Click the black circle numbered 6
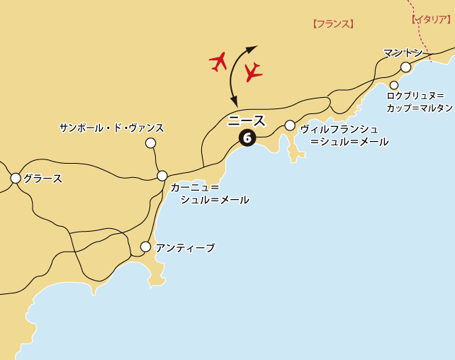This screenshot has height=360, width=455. pos(247,137)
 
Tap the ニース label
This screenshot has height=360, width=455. pos(247,120)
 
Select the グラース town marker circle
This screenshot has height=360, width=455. pos(16,179)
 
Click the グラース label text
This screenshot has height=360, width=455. pos(43,179)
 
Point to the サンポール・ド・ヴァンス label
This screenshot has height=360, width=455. pos(111,128)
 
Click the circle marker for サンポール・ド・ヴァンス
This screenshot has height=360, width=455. pos(150,143)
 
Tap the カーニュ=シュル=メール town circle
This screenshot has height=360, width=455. pos(162,176)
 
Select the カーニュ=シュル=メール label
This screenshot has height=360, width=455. pos(210,193)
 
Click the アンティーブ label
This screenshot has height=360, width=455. pos(185,247)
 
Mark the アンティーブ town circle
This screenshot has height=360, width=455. pos(145,247)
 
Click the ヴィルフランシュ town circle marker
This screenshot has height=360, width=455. pos(290,125)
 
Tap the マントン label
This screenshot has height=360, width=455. pos(403,52)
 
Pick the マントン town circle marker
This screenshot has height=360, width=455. pos(405,67)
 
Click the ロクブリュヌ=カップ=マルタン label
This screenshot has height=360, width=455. pos(420,101)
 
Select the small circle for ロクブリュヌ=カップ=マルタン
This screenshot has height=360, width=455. pos(394,85)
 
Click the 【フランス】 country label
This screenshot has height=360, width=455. pos(333,24)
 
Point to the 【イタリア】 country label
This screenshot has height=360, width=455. pos(431,19)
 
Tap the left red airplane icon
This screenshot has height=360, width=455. pos(219,61)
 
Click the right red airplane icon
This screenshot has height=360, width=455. pos(252,72)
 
